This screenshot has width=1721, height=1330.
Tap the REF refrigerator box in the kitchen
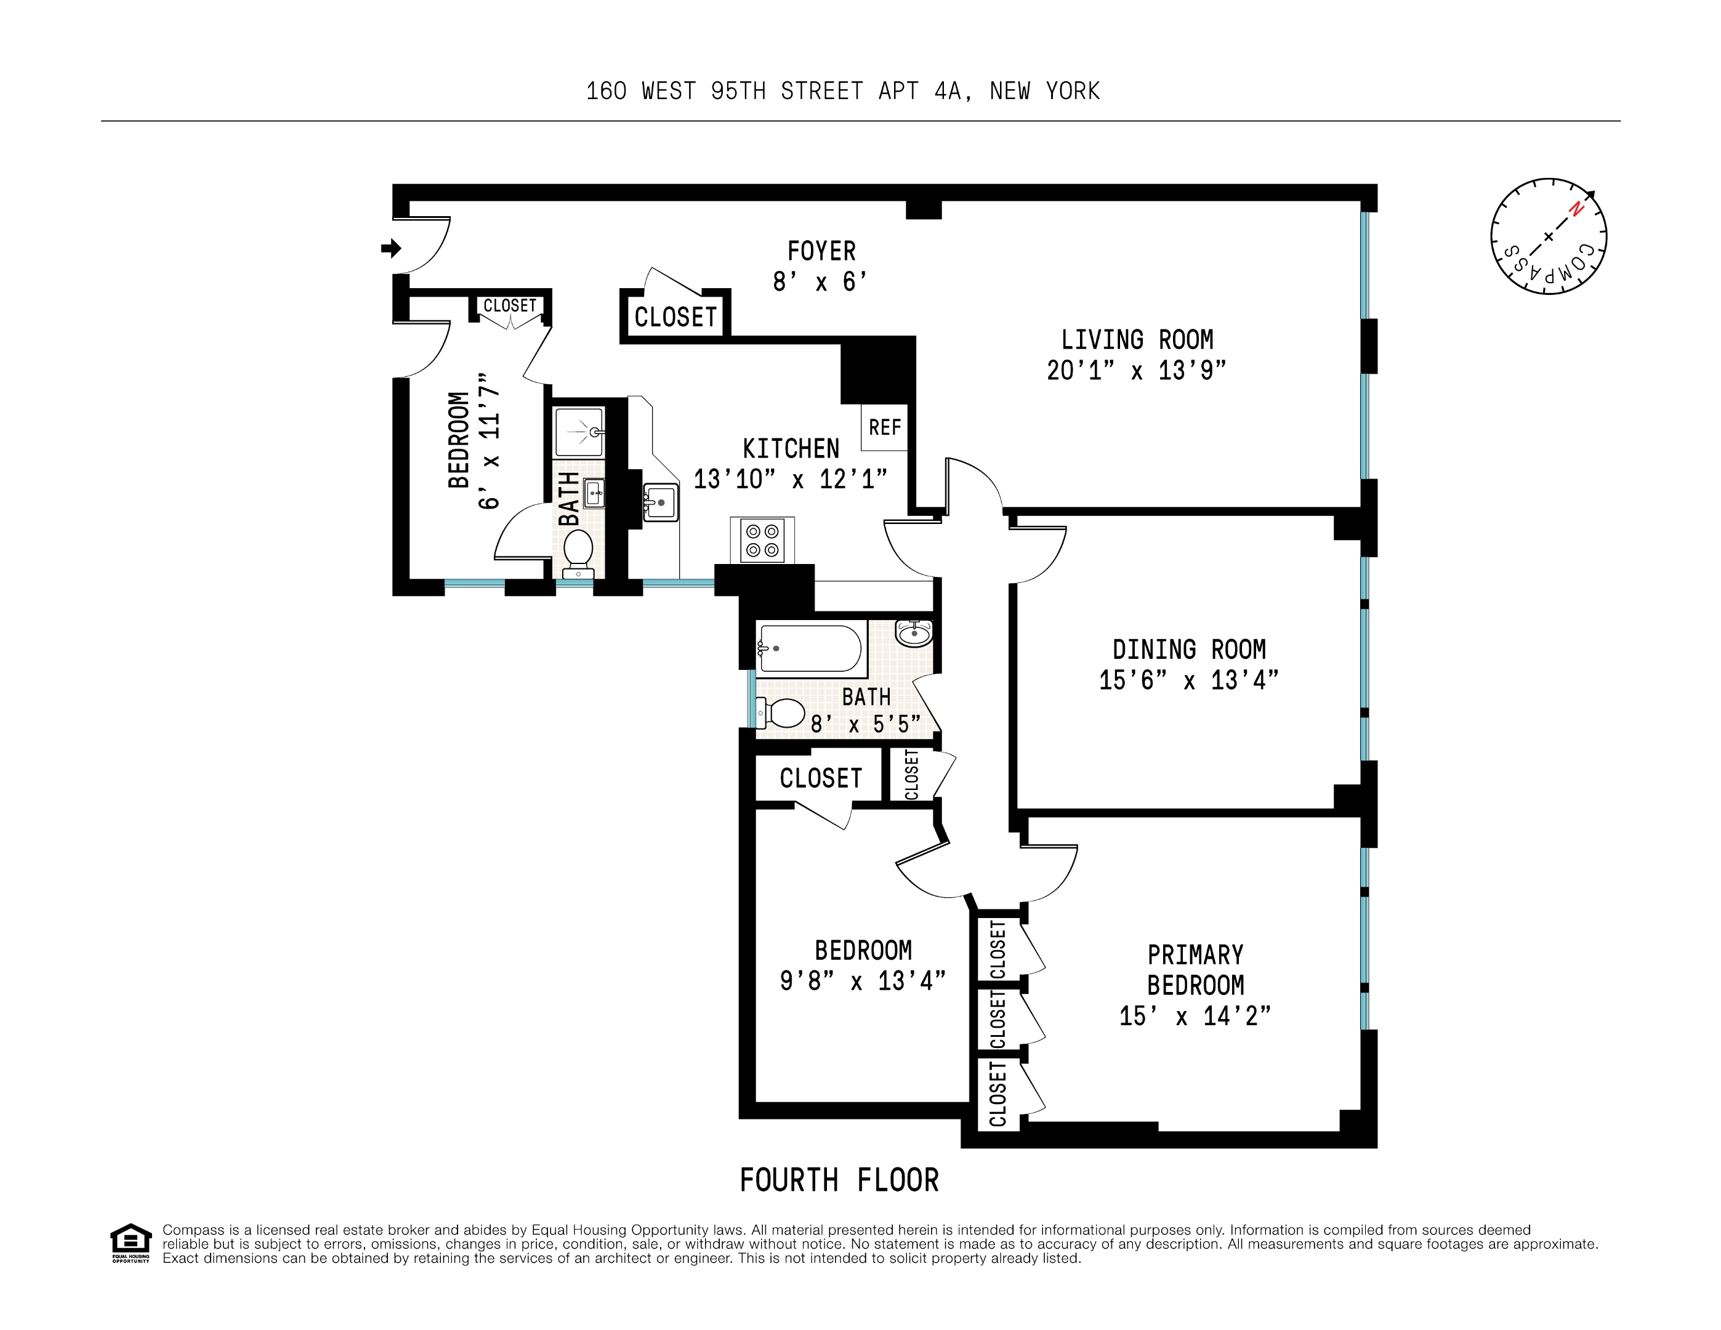884,427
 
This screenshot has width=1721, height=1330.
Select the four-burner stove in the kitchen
762,541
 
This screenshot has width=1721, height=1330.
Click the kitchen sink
660,502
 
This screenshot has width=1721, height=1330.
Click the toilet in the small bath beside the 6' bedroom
578,549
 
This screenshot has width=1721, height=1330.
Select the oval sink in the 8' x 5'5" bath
914,633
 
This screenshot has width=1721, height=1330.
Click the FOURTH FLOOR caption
839,1180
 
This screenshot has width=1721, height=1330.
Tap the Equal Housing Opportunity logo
130,1243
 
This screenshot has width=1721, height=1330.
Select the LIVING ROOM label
1136,340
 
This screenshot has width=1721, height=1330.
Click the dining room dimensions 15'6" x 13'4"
1188,680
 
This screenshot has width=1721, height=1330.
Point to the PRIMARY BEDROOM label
1195,970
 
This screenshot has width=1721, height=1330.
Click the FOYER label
821,251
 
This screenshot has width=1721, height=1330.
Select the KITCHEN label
791,449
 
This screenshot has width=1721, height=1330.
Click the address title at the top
842,91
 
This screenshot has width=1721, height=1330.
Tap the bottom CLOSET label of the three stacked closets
998,1094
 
